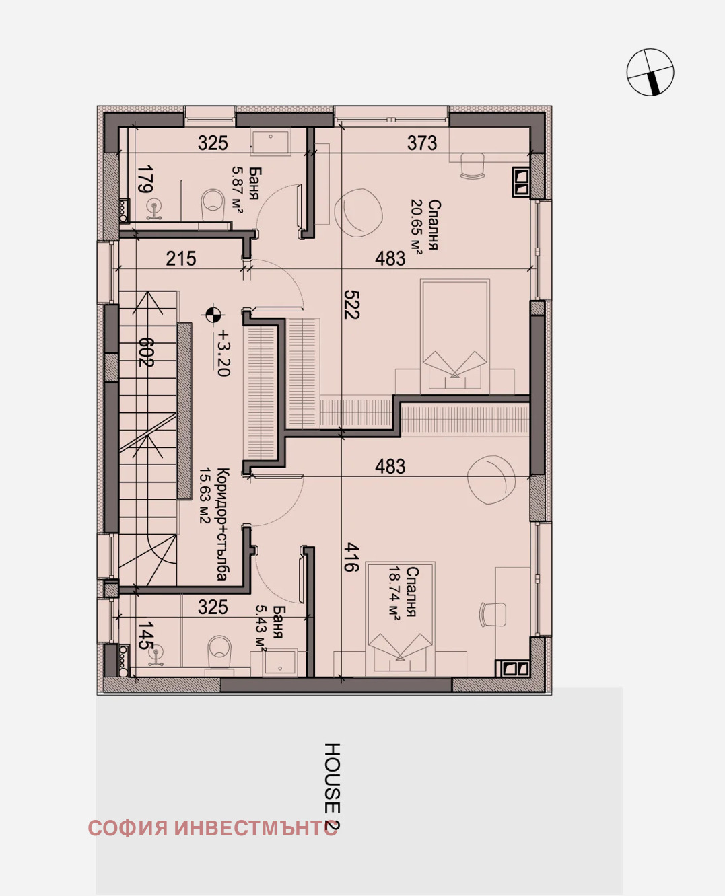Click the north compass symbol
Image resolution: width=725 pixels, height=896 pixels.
tap(650, 72)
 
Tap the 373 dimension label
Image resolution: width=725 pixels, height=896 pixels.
tap(422, 143)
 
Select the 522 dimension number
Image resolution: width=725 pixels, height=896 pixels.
tap(351, 304)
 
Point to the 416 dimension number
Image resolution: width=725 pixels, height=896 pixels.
tap(351, 558)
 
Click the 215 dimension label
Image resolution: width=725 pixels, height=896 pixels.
tap(181, 259)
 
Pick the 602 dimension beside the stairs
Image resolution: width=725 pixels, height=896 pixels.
tap(145, 352)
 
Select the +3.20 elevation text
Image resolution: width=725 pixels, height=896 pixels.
tap(222, 352)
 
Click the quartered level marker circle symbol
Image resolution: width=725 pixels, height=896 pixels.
tap(213, 314)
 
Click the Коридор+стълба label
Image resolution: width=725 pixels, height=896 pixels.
tap(214, 524)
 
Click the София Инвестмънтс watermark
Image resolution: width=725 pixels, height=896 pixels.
tap(213, 828)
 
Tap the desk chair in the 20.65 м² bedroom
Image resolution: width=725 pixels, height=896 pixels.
tap(473, 165)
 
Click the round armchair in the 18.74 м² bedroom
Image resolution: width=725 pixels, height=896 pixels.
tap(491, 480)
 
